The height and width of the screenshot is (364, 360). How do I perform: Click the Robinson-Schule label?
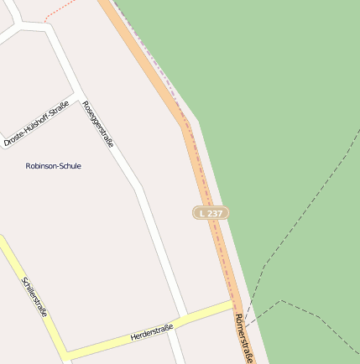click(54, 166)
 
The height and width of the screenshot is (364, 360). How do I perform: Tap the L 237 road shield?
click(211, 214)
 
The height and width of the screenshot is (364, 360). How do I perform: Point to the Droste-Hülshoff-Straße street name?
click(36, 123)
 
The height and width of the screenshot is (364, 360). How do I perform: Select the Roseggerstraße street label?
click(98, 123)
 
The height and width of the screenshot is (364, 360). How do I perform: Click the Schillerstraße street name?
click(35, 297)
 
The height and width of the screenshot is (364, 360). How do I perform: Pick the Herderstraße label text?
click(152, 332)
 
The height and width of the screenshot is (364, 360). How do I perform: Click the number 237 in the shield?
click(215, 214)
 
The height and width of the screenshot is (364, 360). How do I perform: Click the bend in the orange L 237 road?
click(185, 124)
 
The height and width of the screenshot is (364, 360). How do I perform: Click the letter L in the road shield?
click(201, 214)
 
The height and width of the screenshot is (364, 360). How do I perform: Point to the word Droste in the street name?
click(14, 138)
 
